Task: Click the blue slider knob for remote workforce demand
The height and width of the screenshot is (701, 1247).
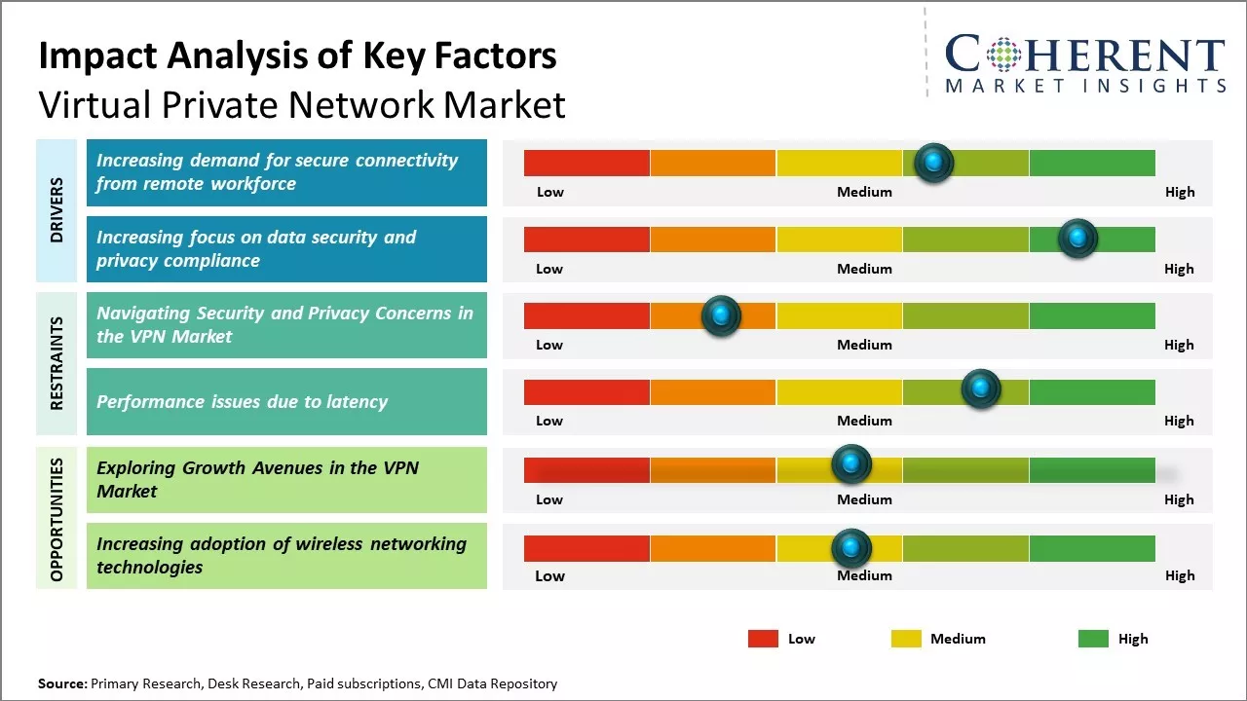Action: [x=934, y=163]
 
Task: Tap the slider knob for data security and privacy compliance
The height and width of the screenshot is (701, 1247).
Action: [x=1077, y=239]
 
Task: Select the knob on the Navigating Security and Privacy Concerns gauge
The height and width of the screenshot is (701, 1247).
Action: [x=721, y=315]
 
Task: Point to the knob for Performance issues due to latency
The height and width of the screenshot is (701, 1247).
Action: [x=981, y=389]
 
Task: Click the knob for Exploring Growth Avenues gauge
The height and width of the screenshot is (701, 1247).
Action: [x=851, y=464]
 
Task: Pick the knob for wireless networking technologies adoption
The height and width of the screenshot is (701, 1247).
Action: [x=851, y=549]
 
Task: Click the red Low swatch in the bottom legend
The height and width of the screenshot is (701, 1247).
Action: [x=763, y=639]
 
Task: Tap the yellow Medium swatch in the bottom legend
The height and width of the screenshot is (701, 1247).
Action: [x=906, y=639]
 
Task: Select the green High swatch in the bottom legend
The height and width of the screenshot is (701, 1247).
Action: [x=1093, y=639]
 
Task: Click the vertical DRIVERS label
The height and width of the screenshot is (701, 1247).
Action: [x=57, y=209]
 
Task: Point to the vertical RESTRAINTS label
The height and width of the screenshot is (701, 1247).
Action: [x=57, y=363]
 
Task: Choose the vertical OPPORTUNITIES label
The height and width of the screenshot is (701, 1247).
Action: [x=57, y=519]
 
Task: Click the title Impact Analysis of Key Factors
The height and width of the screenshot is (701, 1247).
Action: [x=297, y=55]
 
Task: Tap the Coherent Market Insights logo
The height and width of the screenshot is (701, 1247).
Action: [x=1084, y=63]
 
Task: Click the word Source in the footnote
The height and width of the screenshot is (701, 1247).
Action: [x=61, y=683]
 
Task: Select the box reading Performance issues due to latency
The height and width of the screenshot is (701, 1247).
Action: [x=286, y=401]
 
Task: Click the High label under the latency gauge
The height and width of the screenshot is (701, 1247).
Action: [x=1179, y=421]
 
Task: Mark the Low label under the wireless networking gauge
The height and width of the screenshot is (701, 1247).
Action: [x=549, y=575]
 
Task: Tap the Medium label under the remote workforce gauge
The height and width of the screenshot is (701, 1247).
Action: [x=864, y=192]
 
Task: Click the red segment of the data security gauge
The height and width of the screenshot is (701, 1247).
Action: [x=586, y=239]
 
